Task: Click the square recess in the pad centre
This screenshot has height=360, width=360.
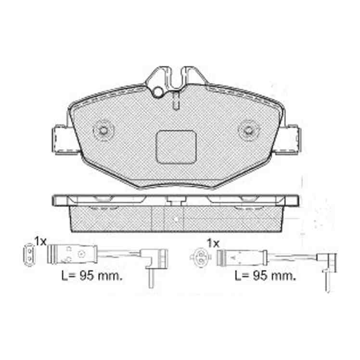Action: (176, 147)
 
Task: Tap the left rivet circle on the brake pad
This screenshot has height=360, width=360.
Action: (103, 130)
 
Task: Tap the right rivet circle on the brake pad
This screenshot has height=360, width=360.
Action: (248, 130)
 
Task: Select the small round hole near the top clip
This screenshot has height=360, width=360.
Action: (158, 92)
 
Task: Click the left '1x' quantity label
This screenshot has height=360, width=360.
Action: (40, 242)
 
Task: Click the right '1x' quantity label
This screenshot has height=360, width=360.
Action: (213, 244)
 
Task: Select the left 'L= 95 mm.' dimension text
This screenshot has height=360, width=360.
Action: (92, 276)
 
